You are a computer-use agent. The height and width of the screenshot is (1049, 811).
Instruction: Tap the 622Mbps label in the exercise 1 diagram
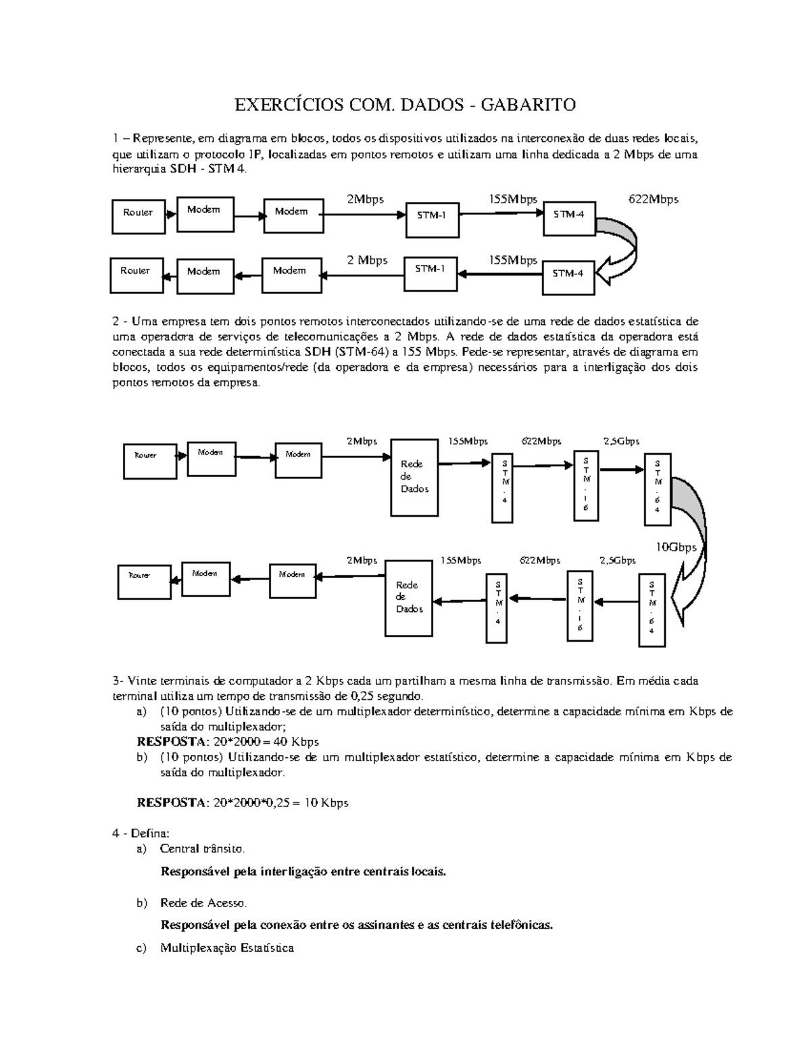653,199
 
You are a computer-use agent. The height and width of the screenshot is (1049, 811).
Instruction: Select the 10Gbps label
677,547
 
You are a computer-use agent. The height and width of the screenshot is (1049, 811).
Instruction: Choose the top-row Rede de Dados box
415,476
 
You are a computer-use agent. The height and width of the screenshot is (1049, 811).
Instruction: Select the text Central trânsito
202,848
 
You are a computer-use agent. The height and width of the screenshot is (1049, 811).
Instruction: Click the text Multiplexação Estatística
227,948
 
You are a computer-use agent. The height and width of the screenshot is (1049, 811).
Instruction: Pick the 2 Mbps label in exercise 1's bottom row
367,261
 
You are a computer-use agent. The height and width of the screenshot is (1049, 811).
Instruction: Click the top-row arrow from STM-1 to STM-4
501,213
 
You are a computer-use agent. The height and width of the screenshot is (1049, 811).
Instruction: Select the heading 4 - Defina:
136,833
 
